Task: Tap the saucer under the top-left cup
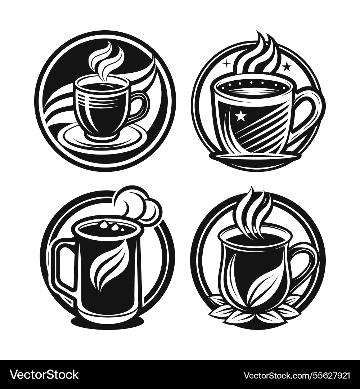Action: (x=104, y=139)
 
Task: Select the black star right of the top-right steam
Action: (x=287, y=66)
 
